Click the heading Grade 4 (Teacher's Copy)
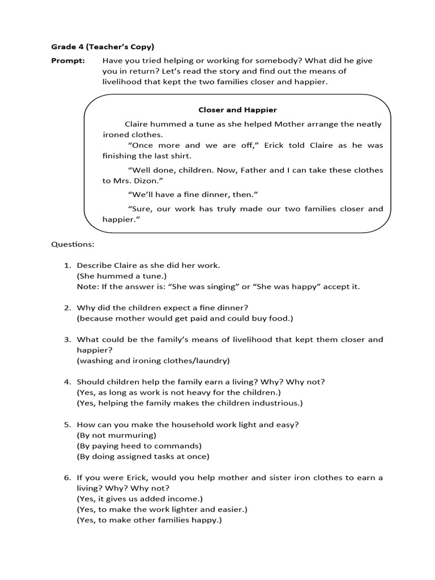pyautogui.click(x=103, y=46)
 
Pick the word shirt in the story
pyautogui.click(x=189, y=156)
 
